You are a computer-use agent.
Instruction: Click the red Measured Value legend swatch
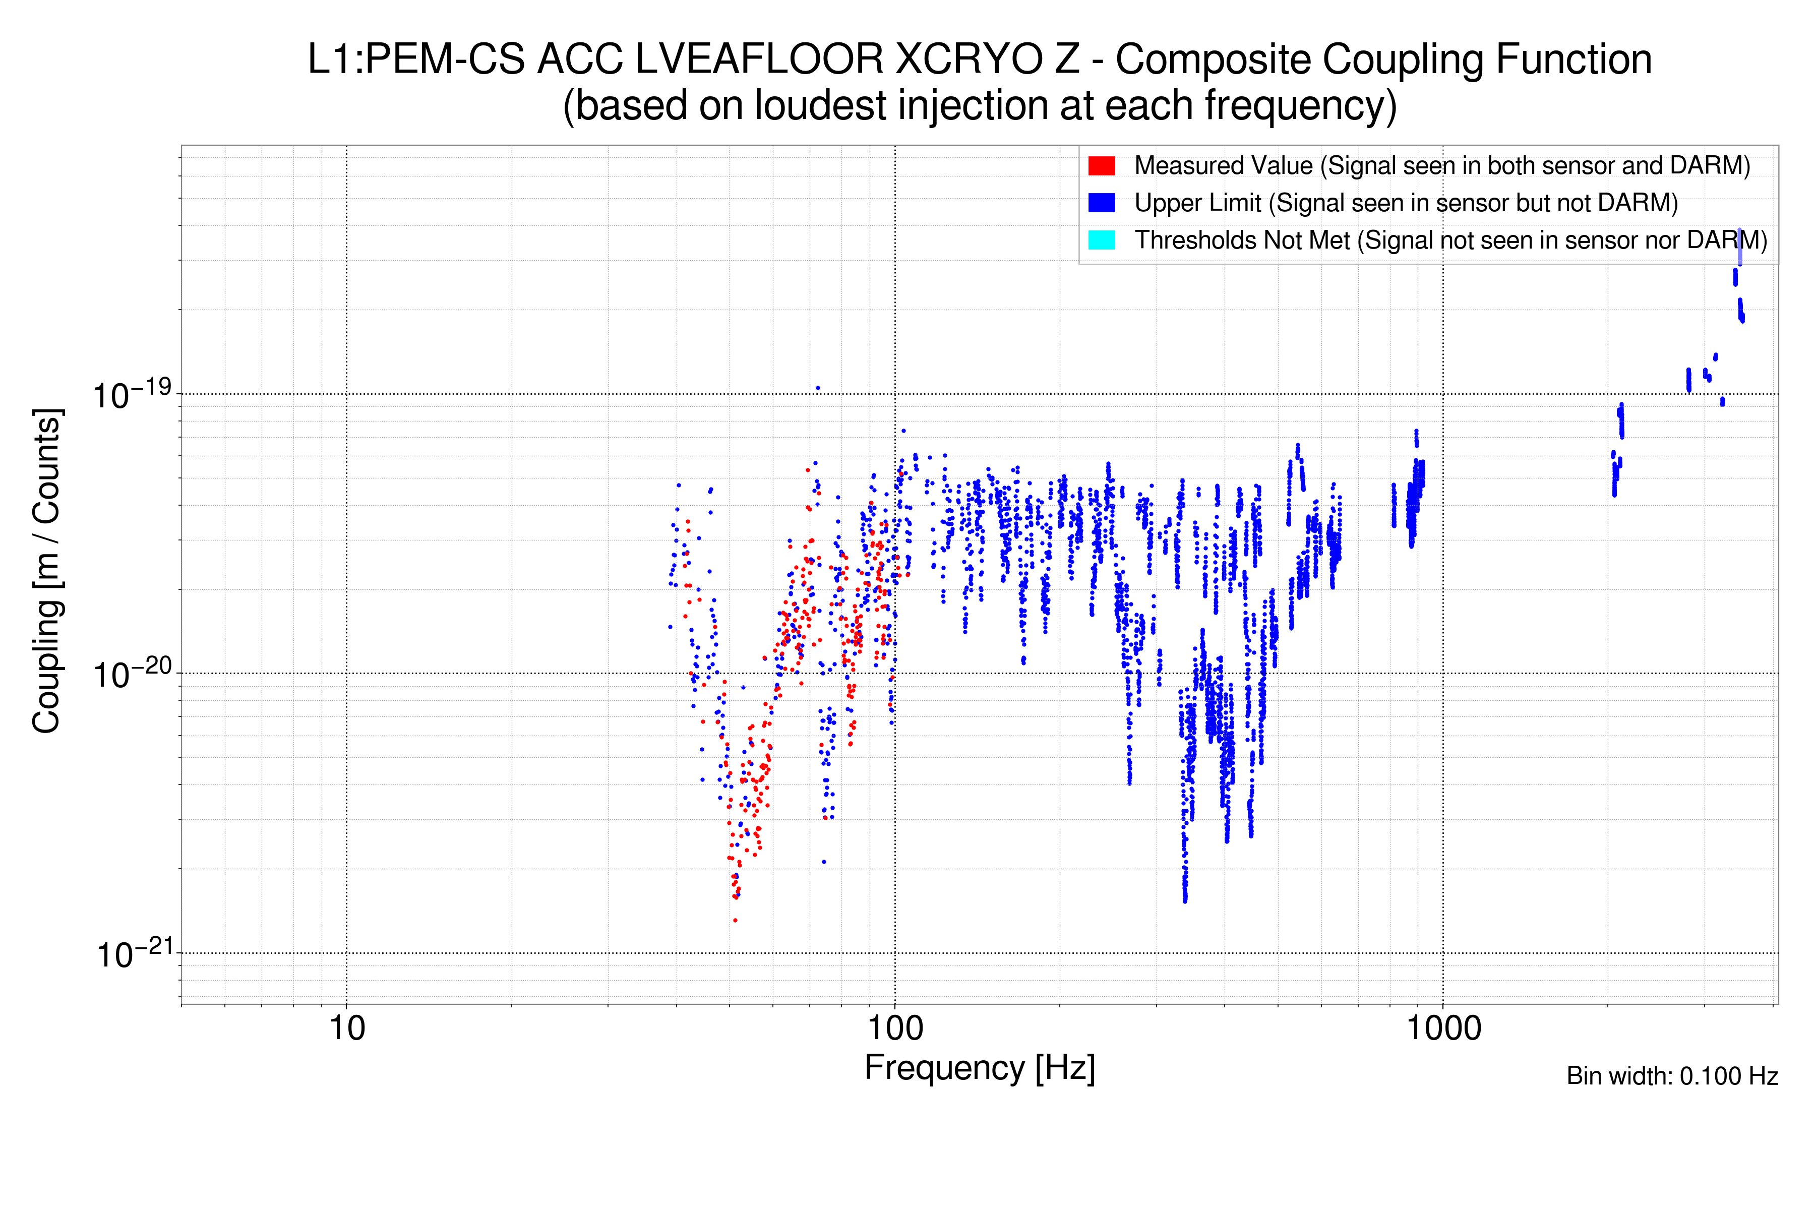pos(1101,166)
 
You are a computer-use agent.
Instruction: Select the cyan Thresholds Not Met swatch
pos(1101,240)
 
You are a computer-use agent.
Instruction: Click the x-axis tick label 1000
pos(1443,1028)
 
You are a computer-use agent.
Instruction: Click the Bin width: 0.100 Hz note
pos(1672,1076)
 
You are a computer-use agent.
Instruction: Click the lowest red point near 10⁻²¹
pos(735,920)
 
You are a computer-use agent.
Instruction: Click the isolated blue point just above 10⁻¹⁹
pos(817,388)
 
